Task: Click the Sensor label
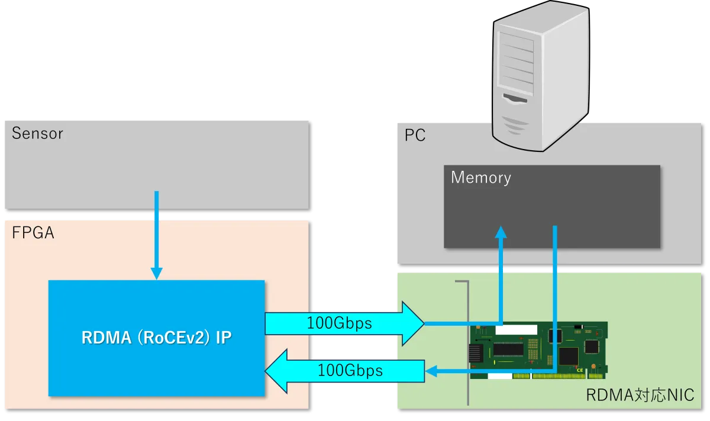click(37, 133)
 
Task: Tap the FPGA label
click(33, 233)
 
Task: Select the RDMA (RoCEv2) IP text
click(156, 338)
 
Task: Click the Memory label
click(480, 177)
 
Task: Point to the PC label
click(415, 135)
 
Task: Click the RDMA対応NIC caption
click(640, 395)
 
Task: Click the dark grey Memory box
click(552, 207)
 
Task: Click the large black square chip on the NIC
click(568, 356)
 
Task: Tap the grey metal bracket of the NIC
click(467, 343)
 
